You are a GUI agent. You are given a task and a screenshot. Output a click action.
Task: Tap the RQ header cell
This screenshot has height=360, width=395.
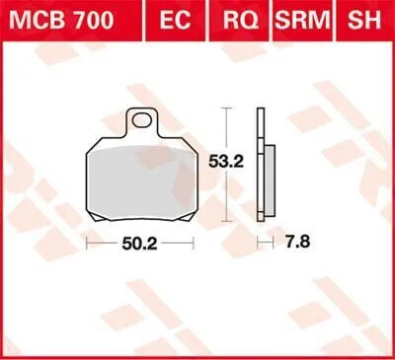(236, 18)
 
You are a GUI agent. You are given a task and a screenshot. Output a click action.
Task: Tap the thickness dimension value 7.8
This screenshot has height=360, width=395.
(289, 243)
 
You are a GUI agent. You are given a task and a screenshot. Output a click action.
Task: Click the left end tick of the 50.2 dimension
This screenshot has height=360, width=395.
(86, 243)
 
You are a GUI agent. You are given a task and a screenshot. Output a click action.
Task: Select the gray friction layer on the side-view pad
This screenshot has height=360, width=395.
(267, 178)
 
